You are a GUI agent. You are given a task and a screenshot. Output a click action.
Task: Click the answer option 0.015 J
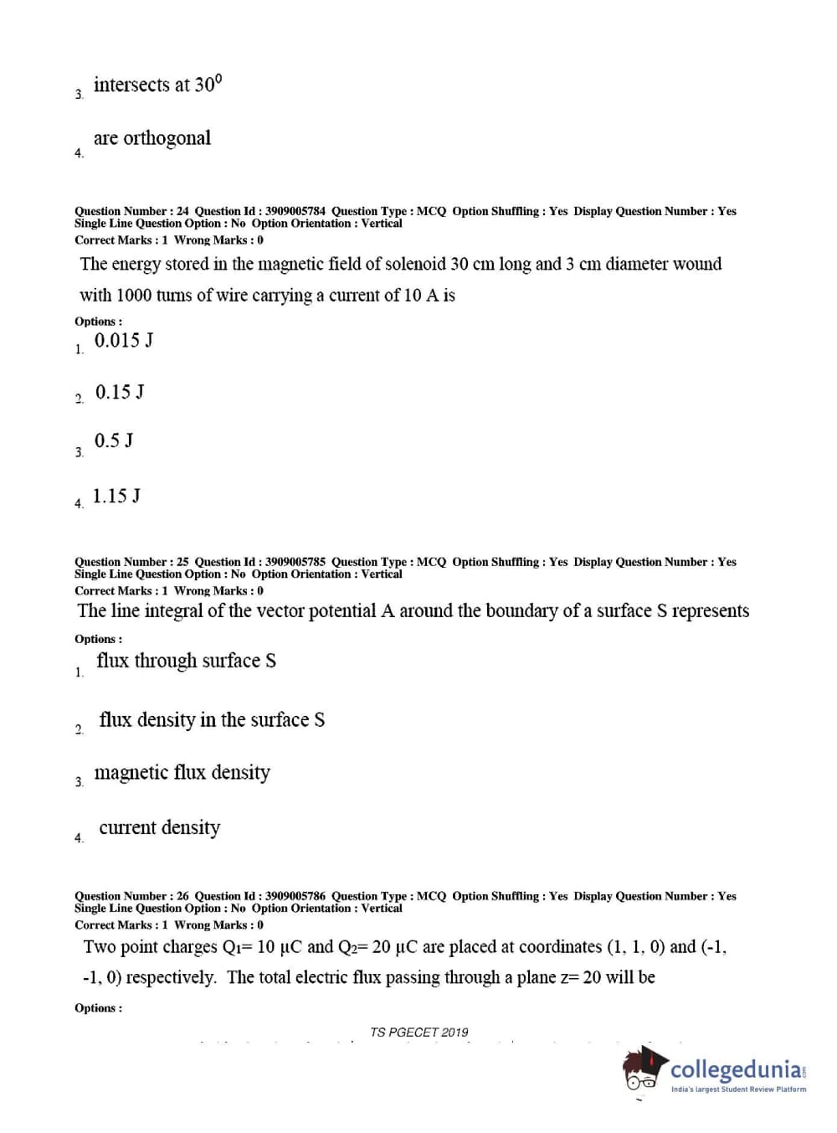(x=123, y=341)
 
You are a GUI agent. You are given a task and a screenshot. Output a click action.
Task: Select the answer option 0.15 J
(x=120, y=393)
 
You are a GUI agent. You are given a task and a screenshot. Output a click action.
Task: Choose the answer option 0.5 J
(x=114, y=441)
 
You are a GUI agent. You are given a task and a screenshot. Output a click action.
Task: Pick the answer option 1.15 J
(x=116, y=497)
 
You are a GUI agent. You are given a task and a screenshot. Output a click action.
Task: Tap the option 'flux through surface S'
(x=186, y=662)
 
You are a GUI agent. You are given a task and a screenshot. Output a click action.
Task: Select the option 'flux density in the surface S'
(x=212, y=720)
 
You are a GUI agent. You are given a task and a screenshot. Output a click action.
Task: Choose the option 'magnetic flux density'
(x=182, y=773)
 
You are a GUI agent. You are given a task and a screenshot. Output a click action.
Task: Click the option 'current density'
(x=159, y=828)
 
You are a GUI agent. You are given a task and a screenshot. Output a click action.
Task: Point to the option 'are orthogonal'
(x=151, y=138)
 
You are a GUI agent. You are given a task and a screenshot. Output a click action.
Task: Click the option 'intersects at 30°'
(x=157, y=85)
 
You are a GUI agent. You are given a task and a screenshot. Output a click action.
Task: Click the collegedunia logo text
(x=737, y=1069)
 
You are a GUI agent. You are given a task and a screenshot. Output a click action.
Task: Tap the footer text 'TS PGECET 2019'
(x=419, y=1033)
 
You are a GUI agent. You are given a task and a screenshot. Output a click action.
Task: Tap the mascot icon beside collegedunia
(x=644, y=1069)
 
